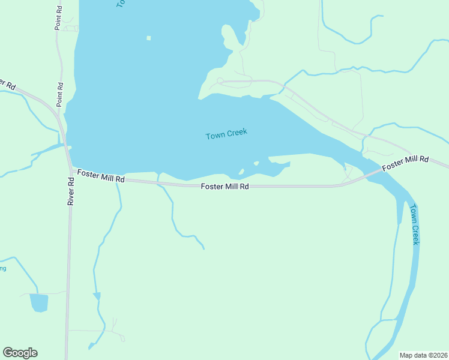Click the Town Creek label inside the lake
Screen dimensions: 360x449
(226, 135)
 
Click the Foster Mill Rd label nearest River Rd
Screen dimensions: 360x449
(101, 179)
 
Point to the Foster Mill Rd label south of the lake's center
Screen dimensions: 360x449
(224, 187)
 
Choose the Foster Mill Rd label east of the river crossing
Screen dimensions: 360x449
(406, 162)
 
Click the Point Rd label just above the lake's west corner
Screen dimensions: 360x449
(60, 95)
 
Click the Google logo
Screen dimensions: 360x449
(20, 353)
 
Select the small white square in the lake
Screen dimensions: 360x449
(148, 38)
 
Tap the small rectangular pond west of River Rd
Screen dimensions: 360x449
(39, 302)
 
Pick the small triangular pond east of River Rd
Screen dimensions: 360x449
(97, 296)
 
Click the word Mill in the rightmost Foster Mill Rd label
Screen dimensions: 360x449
(411, 161)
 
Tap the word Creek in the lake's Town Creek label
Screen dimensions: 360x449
(237, 133)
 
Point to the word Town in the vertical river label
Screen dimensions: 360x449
(413, 212)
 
